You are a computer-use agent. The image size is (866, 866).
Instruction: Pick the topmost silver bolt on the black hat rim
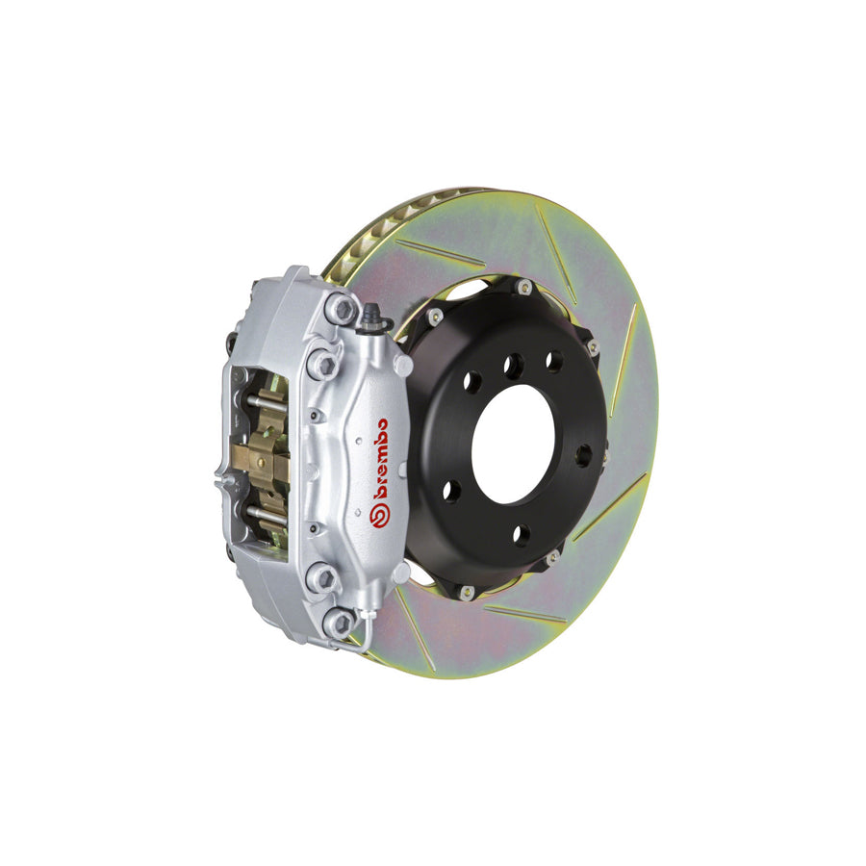[x=523, y=286]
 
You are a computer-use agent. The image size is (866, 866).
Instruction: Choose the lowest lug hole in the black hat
[x=521, y=535]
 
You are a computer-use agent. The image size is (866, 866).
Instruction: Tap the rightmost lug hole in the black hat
[x=583, y=455]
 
